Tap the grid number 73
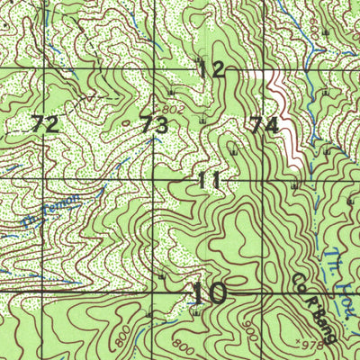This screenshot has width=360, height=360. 153,125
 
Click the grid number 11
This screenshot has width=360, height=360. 209,181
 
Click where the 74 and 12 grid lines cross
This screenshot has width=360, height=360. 264,69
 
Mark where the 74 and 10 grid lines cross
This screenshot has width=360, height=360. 264,292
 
